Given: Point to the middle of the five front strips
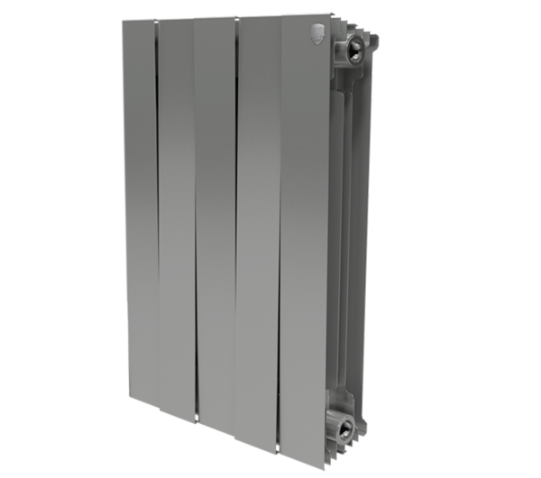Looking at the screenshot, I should pyautogui.click(x=214, y=216).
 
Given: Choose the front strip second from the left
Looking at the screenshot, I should pyautogui.click(x=176, y=216).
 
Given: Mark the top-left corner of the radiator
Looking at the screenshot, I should pyautogui.click(x=123, y=22).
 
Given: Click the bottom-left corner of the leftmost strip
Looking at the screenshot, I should pyautogui.click(x=127, y=401).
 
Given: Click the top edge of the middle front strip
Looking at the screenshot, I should pyautogui.click(x=214, y=20).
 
